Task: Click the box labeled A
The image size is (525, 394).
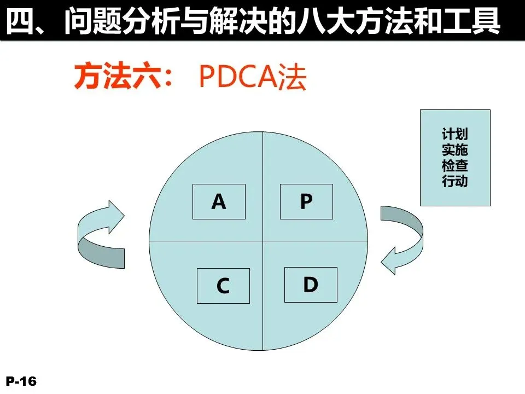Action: click(x=219, y=202)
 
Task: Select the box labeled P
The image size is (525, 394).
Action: click(x=306, y=202)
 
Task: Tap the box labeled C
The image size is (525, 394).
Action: click(x=223, y=286)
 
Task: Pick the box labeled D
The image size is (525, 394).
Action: click(x=311, y=285)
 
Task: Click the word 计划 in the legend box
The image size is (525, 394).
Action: click(x=455, y=134)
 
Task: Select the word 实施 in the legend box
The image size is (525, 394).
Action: click(x=455, y=149)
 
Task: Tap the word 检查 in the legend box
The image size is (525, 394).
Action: click(x=455, y=165)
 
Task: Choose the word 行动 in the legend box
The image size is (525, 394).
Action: click(x=455, y=181)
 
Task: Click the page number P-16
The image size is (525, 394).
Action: click(x=21, y=381)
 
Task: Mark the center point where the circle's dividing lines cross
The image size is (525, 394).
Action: click(x=263, y=241)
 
